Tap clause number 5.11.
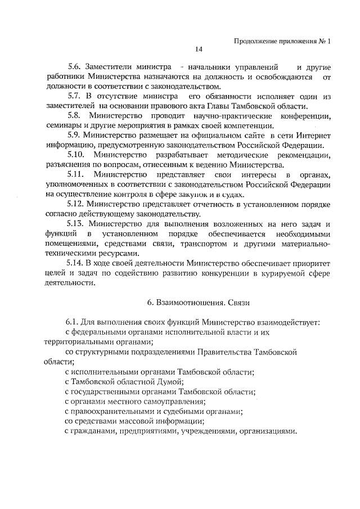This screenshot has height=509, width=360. click(76, 175)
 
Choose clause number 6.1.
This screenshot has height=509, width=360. click(74, 322)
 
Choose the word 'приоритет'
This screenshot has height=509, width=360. click(307, 264)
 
